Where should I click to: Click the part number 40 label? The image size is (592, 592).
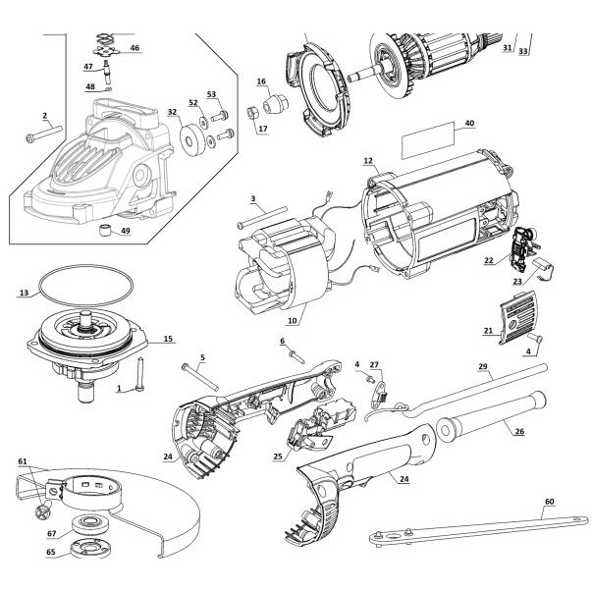coord(469,124)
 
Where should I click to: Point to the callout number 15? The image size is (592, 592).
coord(168,339)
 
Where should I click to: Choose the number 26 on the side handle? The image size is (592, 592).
coord(519,430)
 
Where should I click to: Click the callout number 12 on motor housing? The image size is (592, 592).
coord(368,160)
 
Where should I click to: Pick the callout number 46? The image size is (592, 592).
coord(135,47)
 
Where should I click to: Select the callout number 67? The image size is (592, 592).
coord(51,533)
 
